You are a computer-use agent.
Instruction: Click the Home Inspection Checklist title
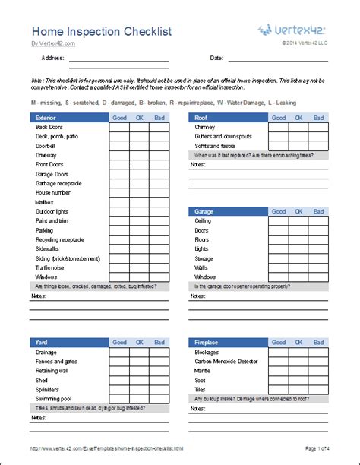tap(100, 31)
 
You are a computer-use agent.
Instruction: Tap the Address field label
tap(52, 58)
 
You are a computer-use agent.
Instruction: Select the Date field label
tap(216, 58)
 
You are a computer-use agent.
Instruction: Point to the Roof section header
tap(202, 118)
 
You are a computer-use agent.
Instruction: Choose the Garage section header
tap(206, 211)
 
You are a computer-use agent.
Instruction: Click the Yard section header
tap(42, 342)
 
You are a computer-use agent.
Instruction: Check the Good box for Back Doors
tap(119, 128)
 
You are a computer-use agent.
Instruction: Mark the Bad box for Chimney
tap(318, 128)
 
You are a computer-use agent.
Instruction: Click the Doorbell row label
tap(47, 146)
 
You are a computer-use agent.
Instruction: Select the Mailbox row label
tap(46, 202)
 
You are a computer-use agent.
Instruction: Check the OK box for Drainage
tap(139, 352)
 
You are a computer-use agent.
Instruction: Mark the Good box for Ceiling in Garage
tap(278, 221)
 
